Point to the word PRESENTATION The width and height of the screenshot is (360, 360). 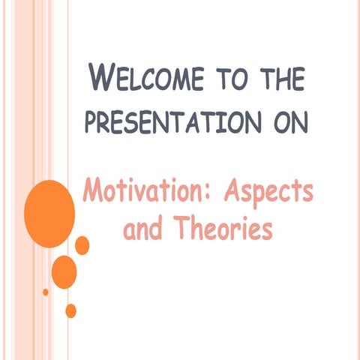click(x=162, y=121)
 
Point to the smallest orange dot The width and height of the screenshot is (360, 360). click(x=46, y=292)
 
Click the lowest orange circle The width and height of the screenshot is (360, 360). click(x=70, y=310)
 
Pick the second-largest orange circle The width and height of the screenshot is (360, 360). click(x=64, y=271)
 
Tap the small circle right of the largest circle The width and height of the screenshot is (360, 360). click(x=82, y=245)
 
